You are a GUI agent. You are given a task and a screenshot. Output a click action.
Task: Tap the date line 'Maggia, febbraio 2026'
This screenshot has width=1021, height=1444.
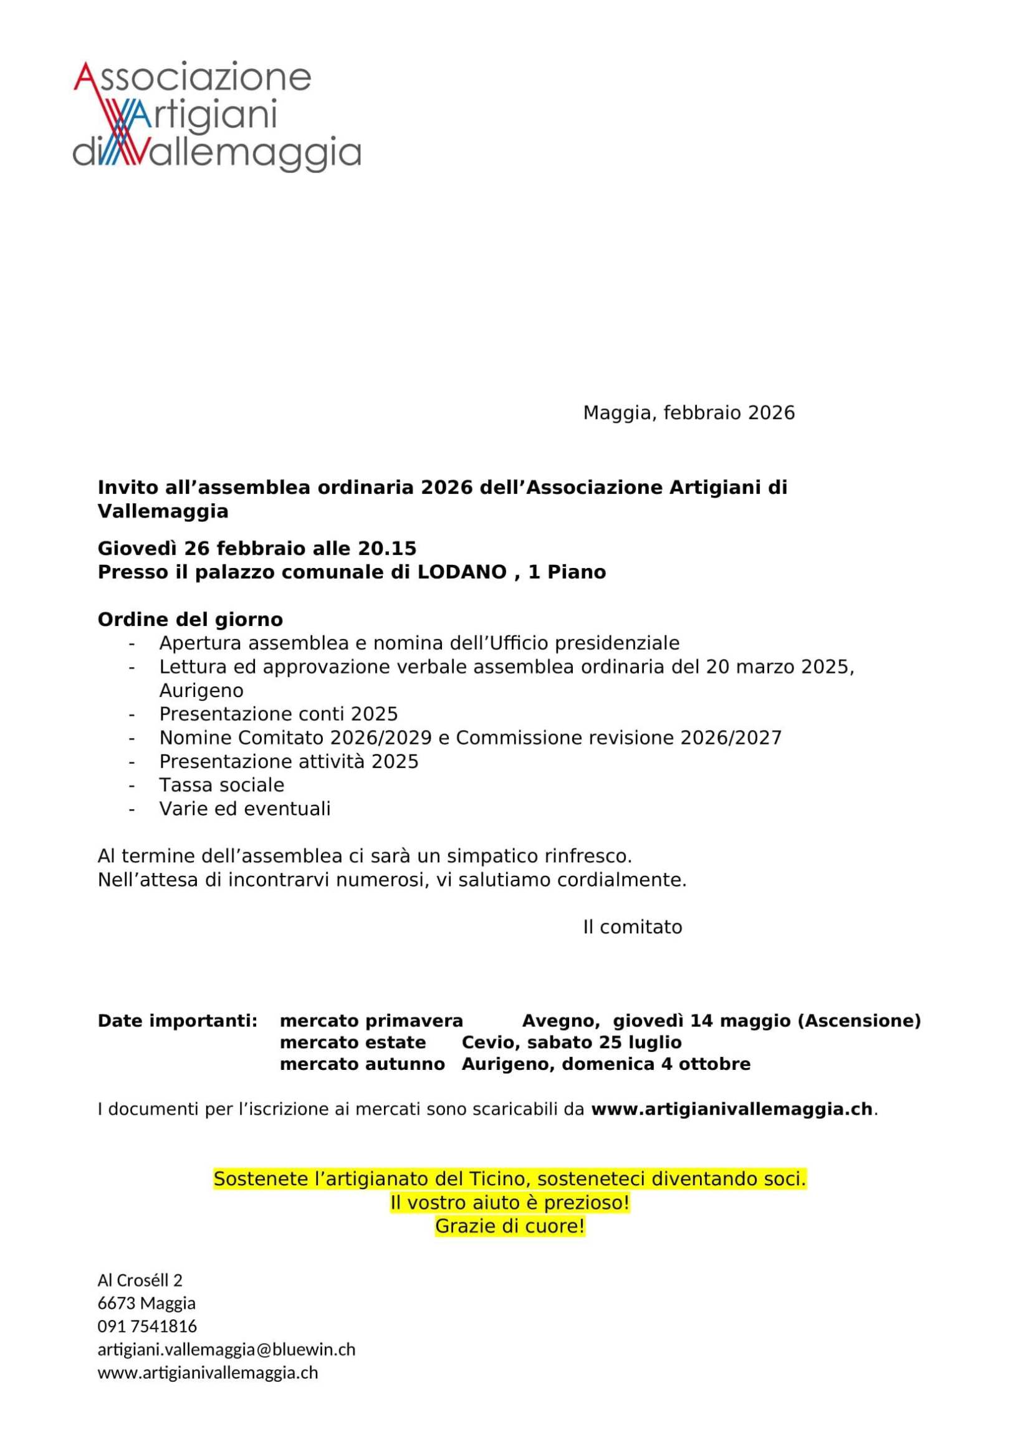(688, 413)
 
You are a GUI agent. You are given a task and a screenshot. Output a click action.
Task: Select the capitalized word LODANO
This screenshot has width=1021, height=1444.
(463, 572)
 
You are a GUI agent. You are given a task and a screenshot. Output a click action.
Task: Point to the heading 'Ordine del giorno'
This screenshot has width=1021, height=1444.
(190, 620)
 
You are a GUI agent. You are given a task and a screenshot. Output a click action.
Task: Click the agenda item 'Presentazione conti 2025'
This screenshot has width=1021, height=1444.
(278, 714)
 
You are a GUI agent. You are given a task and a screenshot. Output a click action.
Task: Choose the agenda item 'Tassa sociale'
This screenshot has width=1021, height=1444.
(221, 785)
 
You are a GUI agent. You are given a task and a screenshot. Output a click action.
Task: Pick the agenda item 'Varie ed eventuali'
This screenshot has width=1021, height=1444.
(244, 808)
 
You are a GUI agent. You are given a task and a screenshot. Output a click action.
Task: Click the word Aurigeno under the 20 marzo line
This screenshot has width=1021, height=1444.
(201, 691)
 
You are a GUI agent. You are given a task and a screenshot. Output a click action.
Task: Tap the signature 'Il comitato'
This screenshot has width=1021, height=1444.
(633, 927)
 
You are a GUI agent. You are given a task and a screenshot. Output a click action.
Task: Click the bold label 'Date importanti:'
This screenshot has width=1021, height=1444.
(177, 1021)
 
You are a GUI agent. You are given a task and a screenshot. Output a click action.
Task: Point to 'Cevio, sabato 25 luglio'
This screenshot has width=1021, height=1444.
(572, 1042)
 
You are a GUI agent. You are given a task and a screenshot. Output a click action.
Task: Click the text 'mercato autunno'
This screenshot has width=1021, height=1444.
(362, 1064)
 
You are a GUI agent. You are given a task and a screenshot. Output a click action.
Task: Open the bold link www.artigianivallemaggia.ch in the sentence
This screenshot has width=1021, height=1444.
(732, 1109)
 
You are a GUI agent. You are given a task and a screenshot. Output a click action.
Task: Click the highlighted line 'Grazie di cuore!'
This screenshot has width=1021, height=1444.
(510, 1226)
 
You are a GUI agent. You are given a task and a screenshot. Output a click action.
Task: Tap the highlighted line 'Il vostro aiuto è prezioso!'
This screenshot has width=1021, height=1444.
(510, 1203)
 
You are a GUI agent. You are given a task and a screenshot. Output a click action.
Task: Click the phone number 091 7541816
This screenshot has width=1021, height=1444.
(147, 1326)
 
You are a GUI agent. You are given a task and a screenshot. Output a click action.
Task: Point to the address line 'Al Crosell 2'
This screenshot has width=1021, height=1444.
(140, 1280)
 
